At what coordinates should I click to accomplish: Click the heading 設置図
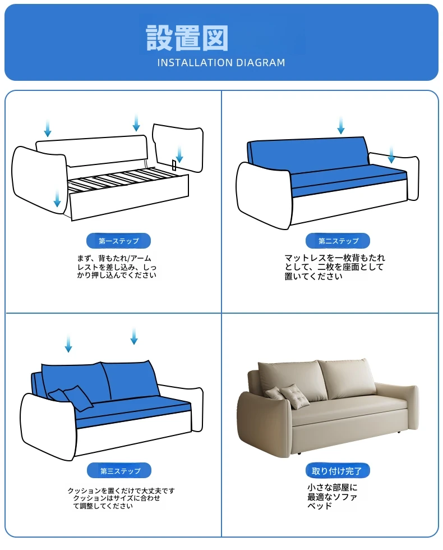187,38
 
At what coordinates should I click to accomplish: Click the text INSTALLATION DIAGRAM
221,63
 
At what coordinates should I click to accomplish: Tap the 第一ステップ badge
118,241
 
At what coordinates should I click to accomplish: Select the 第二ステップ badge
338,241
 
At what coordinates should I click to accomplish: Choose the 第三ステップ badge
119,471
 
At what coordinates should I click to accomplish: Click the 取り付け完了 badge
338,471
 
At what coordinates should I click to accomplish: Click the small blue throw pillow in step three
78,398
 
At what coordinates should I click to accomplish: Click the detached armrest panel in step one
178,147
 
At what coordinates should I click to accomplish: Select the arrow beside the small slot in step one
179,155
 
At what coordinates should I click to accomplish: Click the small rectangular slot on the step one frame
174,164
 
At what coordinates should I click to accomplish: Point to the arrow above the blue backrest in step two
341,126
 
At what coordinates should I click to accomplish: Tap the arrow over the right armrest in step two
391,155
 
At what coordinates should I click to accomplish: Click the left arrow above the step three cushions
68,343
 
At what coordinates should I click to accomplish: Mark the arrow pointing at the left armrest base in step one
57,199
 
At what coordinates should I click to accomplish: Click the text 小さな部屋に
332,488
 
